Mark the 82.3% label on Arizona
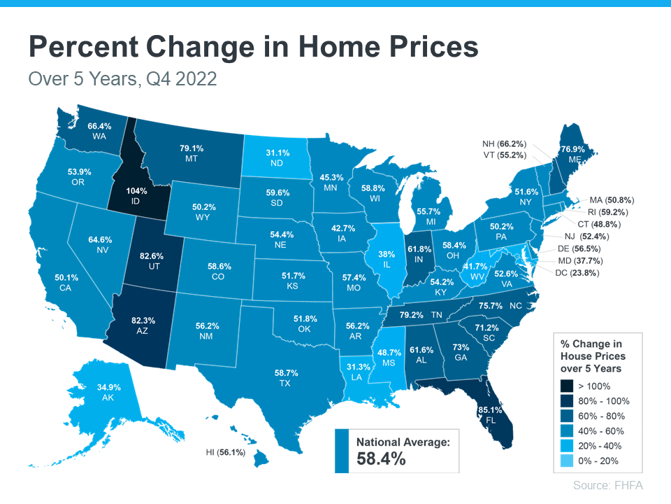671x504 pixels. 144,321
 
